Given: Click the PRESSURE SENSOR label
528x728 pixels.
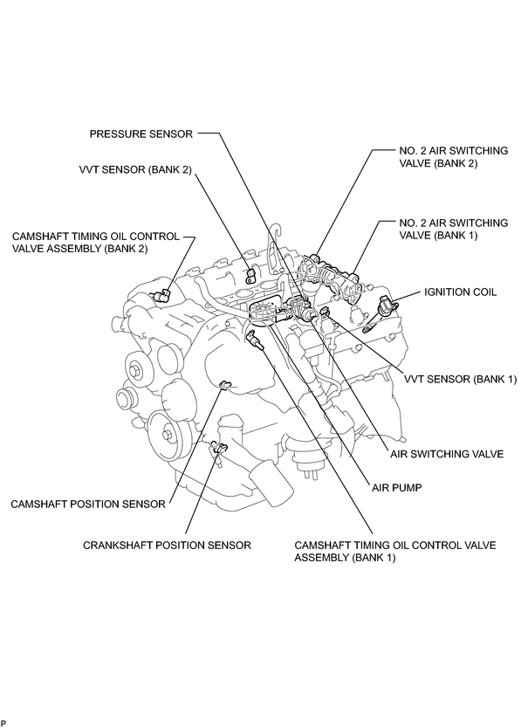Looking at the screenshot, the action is click(141, 134).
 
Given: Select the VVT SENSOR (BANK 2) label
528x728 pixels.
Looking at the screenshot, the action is click(135, 170).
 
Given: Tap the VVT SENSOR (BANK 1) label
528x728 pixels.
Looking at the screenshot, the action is click(460, 380).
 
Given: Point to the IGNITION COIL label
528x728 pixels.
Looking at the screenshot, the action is click(460, 292).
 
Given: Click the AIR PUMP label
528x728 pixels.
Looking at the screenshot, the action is click(396, 488).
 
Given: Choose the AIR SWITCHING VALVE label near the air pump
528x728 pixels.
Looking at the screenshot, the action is click(447, 454).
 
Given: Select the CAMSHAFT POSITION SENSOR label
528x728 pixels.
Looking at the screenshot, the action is click(88, 505).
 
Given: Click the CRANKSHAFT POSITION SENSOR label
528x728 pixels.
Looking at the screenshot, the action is click(168, 545).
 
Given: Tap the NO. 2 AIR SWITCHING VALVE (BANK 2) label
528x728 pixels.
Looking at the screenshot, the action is click(454, 157).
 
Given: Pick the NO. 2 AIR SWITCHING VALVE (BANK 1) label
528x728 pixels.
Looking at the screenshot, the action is click(454, 229).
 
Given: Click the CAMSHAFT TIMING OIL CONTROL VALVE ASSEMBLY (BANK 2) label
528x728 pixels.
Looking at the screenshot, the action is click(96, 243).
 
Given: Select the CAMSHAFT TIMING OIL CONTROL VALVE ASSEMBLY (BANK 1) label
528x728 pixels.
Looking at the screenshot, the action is click(395, 551).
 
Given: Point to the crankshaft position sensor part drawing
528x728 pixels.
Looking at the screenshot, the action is click(218, 450).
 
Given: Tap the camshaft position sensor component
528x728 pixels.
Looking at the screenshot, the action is click(225, 384).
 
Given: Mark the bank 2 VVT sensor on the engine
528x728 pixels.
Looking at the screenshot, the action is click(251, 275).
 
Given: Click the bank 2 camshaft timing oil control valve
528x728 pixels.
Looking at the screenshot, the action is click(162, 294).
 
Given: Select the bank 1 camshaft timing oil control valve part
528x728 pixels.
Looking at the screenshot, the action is click(255, 339).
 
